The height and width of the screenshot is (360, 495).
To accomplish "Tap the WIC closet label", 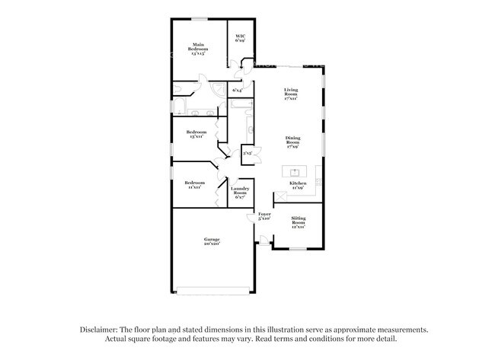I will pyautogui.click(x=240, y=38).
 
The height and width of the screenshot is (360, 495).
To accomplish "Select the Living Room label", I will pyautogui.click(x=290, y=94).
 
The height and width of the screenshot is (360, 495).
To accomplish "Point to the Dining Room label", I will pyautogui.click(x=292, y=141).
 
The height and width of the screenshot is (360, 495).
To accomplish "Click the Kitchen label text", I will pyautogui.click(x=298, y=184).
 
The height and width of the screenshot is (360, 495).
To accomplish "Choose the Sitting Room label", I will pyautogui.click(x=298, y=223).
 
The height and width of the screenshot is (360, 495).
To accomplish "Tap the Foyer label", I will pyautogui.click(x=264, y=217).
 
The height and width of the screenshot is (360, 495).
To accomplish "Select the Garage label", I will pyautogui.click(x=211, y=241).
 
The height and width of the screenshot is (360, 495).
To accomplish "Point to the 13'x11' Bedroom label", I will pyautogui.click(x=196, y=135).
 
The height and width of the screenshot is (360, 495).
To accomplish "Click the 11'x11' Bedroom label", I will pyautogui.click(x=194, y=185).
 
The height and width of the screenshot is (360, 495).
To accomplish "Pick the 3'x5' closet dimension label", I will pyautogui.click(x=247, y=154).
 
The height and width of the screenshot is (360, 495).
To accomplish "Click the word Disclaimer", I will pyautogui.click(x=100, y=330).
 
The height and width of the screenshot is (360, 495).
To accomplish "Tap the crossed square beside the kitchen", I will pyautogui.click(x=280, y=196).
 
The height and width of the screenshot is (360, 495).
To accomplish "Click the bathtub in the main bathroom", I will pyautogui.click(x=181, y=106).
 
